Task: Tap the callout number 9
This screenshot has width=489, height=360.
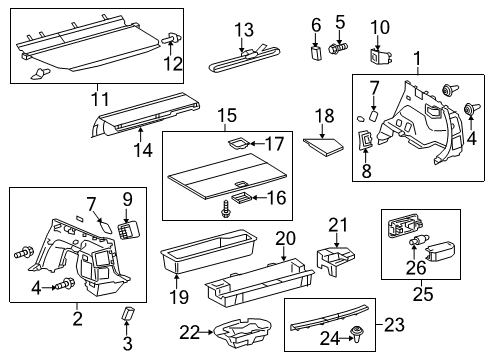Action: [128, 198]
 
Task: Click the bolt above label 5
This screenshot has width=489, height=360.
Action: [338, 45]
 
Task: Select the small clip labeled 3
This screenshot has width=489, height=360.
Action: [128, 315]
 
